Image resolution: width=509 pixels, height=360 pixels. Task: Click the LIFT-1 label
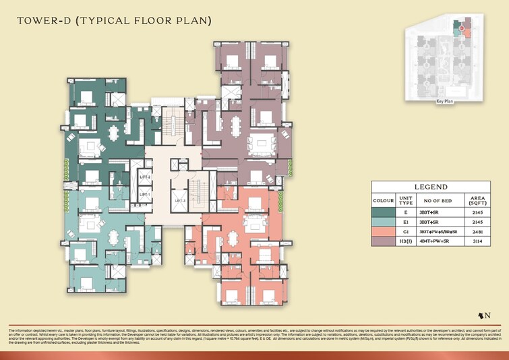(x=144, y=194)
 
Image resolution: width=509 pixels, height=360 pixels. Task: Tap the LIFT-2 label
(x=144, y=177)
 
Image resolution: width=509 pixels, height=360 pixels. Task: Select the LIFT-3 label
(x=180, y=201)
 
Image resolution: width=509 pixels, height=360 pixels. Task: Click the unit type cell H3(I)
(x=405, y=244)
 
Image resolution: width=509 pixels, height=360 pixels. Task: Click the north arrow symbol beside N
(x=481, y=315)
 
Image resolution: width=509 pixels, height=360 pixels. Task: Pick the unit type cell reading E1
(x=405, y=222)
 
